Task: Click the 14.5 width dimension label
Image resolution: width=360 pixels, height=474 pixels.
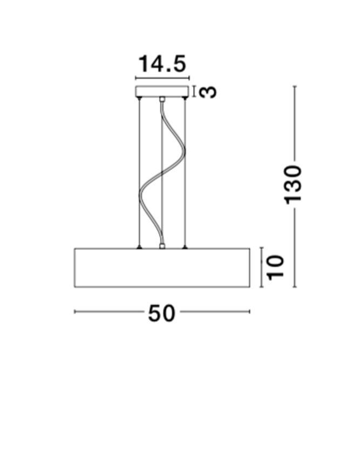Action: pyautogui.click(x=162, y=64)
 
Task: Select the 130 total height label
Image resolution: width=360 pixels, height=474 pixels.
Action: pyautogui.click(x=294, y=184)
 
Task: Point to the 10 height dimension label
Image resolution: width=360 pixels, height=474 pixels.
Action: pyautogui.click(x=276, y=268)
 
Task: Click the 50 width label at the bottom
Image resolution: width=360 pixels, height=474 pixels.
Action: pyautogui.click(x=161, y=313)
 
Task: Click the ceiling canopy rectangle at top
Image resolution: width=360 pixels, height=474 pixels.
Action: pyautogui.click(x=162, y=91)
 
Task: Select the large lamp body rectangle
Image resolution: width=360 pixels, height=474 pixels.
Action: pyautogui.click(x=162, y=268)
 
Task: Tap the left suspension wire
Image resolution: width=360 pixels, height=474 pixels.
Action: pyautogui.click(x=139, y=173)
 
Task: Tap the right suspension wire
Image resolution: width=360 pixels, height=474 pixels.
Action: pyautogui.click(x=185, y=173)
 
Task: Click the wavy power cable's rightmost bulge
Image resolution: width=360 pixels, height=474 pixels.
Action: pyautogui.click(x=184, y=150)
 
